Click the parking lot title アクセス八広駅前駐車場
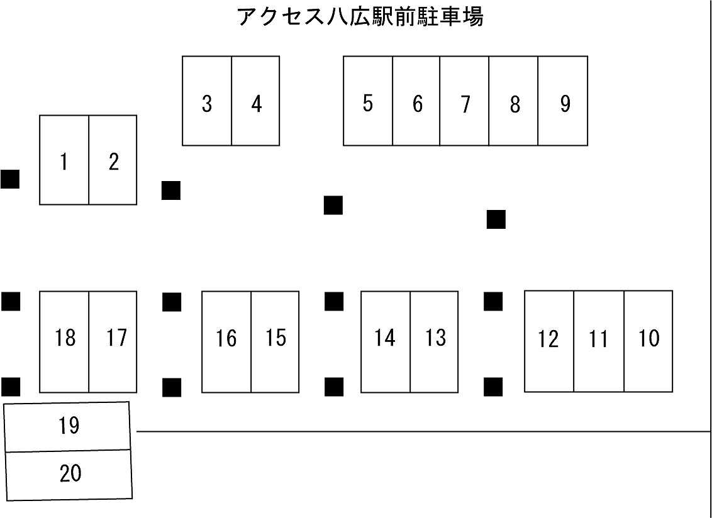(360, 17)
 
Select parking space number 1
(64, 160)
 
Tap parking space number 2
(113, 160)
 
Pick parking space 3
(207, 101)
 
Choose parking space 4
(256, 101)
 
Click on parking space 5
(368, 101)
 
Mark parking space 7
(465, 101)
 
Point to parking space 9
(564, 101)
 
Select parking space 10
(648, 341)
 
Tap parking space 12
(548, 341)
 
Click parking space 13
(435, 341)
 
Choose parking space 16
(226, 341)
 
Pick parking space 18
(64, 341)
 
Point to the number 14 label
(384, 338)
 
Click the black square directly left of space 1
(10, 179)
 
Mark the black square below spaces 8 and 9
(496, 219)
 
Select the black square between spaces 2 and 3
(171, 190)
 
